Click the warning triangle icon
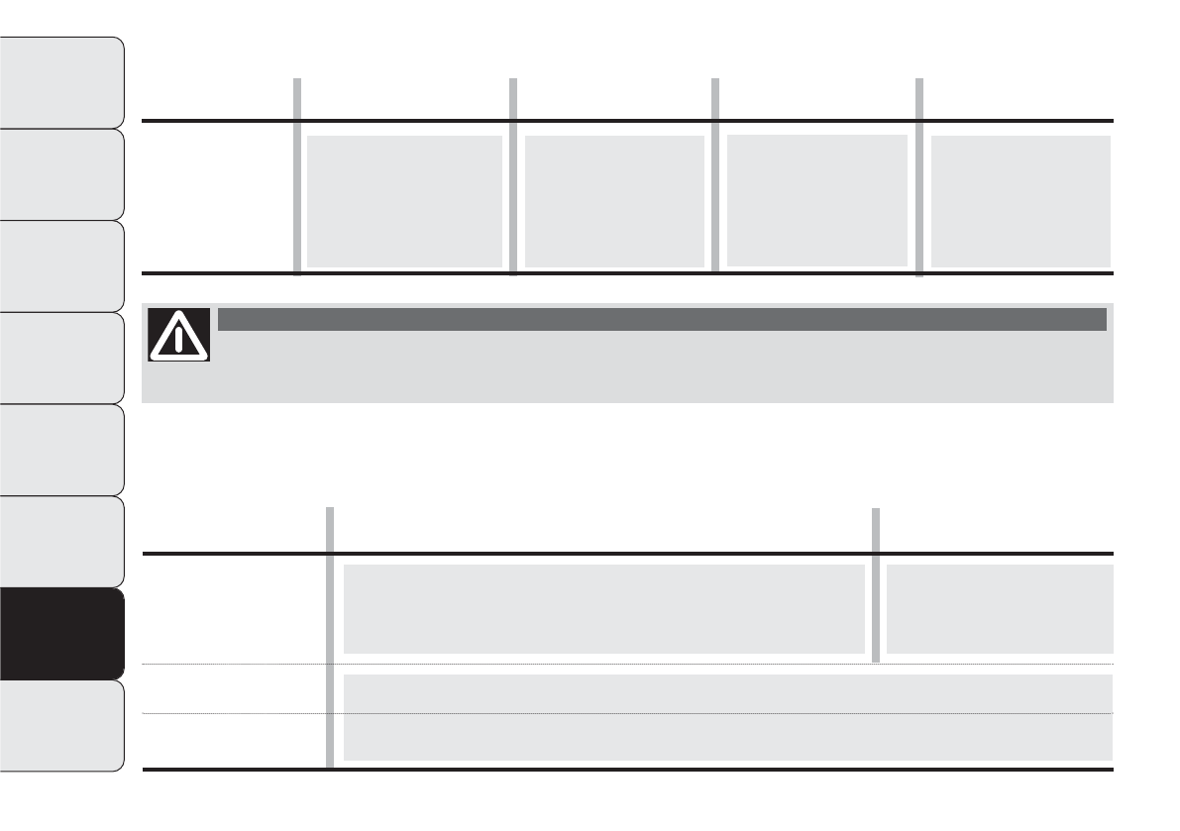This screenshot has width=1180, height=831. [x=179, y=334]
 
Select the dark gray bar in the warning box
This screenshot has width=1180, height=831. [x=661, y=319]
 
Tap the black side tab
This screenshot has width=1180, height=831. [x=62, y=633]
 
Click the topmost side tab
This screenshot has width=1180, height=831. [x=62, y=82]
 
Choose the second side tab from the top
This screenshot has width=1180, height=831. [x=62, y=174]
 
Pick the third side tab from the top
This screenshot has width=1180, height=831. [x=62, y=265]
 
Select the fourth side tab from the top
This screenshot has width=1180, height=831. [x=62, y=358]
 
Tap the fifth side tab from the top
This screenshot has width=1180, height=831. [x=62, y=450]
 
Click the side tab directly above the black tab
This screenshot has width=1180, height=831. [x=62, y=541]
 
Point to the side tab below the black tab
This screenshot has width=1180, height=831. [x=62, y=725]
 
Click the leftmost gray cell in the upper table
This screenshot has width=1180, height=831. [x=404, y=201]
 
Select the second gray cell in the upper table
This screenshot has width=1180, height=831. [x=614, y=201]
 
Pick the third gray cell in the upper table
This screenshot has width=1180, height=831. [x=817, y=200]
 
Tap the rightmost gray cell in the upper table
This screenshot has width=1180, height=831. [x=1020, y=201]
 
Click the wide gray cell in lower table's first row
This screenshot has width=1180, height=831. [x=603, y=608]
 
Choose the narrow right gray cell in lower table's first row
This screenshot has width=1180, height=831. [x=999, y=608]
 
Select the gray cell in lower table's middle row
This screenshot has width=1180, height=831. [x=727, y=692]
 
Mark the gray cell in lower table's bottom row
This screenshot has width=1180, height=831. [x=727, y=738]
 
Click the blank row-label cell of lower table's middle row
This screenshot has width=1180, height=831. [x=234, y=688]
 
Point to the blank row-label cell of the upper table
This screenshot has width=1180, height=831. [x=217, y=197]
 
